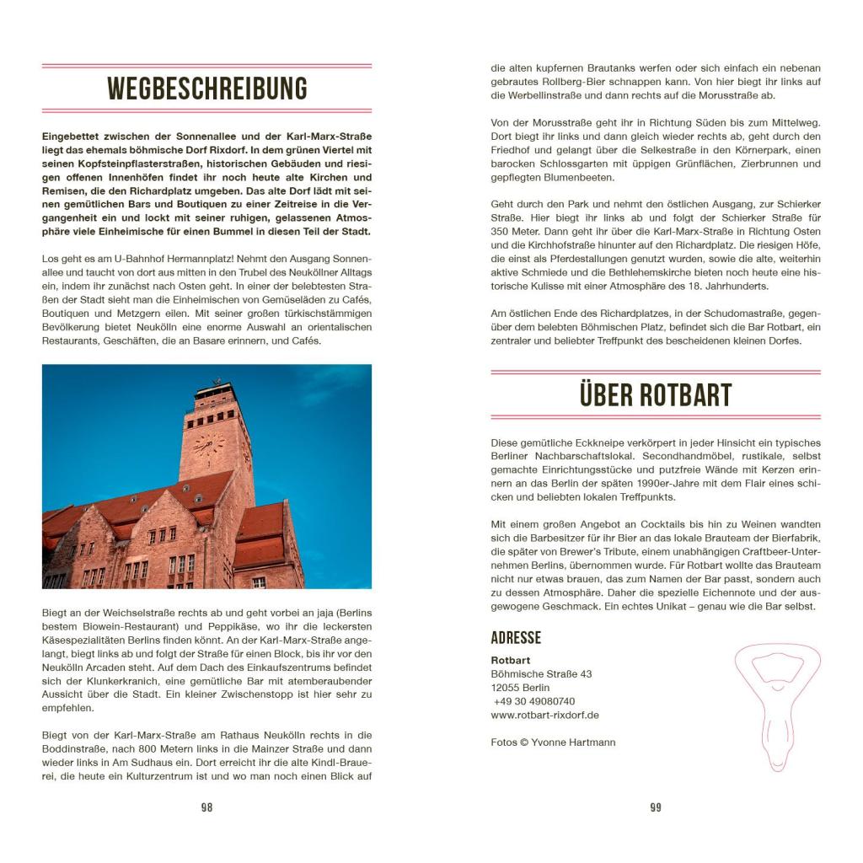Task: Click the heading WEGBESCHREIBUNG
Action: point(206,88)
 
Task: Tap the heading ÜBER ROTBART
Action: point(655,394)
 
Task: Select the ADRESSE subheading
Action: point(516,638)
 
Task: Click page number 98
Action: point(206,807)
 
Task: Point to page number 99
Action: point(656,807)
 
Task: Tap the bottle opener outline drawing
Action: point(780,704)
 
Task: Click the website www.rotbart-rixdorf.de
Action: point(544,715)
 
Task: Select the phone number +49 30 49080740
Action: point(534,701)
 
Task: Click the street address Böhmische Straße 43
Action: point(541,674)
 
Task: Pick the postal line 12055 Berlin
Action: point(520,688)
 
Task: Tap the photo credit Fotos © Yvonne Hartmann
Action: point(553,742)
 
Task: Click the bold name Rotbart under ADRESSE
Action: point(511,660)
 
